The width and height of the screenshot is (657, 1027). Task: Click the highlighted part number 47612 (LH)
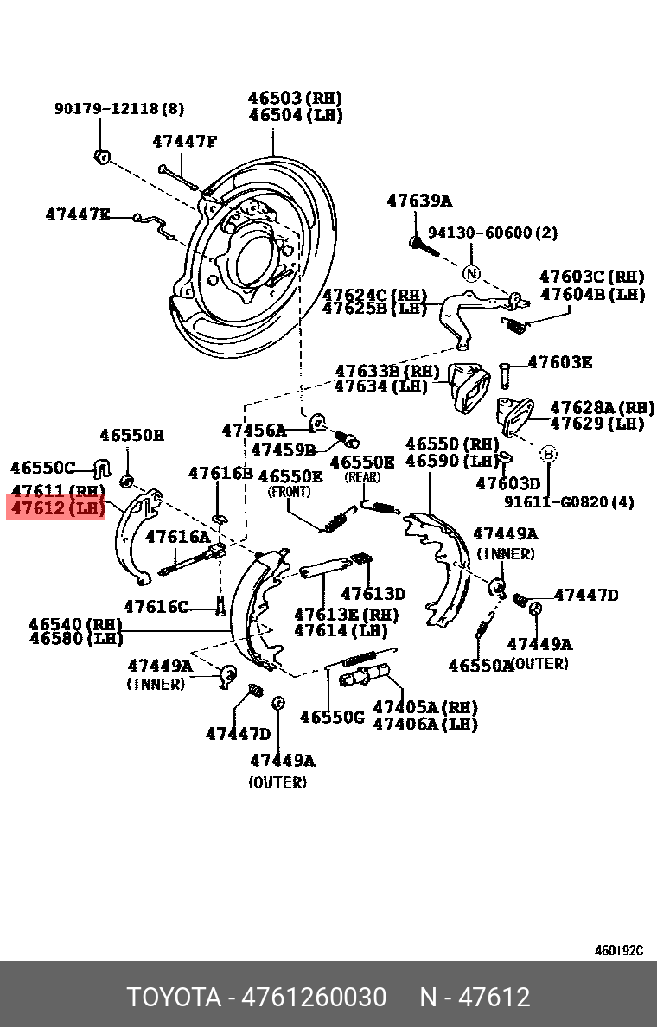coord(56,507)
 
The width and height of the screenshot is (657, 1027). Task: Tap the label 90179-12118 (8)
coord(118,109)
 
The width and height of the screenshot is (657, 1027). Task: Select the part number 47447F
coord(184,141)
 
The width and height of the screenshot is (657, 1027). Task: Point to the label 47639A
coord(418,201)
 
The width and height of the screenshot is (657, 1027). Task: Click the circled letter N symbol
coord(470,273)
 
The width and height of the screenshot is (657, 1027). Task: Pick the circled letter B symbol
coord(548,453)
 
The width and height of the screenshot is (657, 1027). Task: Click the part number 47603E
coord(559,362)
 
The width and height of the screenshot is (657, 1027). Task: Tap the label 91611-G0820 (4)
coord(570,501)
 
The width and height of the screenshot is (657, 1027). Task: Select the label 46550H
coord(131,436)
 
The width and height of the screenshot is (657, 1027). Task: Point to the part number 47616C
coord(156,607)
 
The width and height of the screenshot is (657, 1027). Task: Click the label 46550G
coord(332,717)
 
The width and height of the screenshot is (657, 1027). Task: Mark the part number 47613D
coord(373,594)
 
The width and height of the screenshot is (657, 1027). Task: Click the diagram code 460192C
coord(618,951)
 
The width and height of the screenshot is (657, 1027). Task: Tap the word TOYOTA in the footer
coord(174,998)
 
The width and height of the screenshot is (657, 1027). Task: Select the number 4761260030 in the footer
coord(314,998)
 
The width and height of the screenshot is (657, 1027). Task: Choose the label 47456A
coord(253,430)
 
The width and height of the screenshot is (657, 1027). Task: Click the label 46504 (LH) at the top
coord(295,115)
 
